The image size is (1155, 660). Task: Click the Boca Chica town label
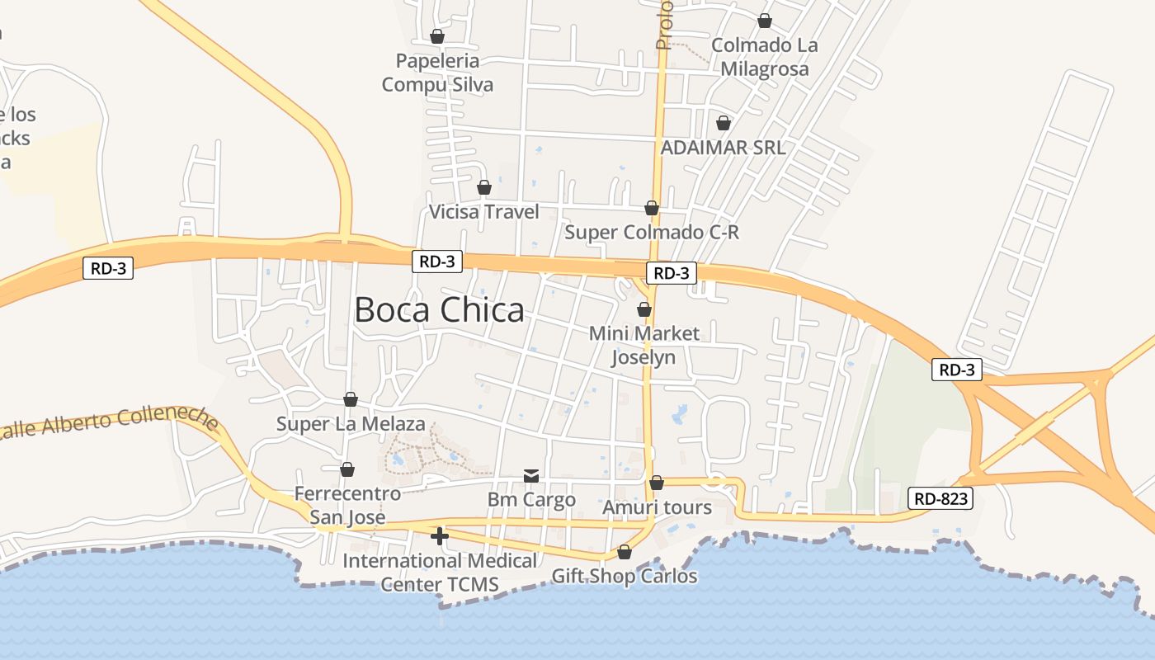pos(439,310)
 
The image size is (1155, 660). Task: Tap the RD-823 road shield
pos(940,498)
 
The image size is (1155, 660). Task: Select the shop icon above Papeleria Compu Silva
pos(437,36)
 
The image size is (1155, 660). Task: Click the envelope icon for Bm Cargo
pos(531,476)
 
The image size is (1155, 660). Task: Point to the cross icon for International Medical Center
pos(440,536)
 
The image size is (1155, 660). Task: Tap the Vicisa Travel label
pos(483,212)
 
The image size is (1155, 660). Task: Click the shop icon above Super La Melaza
pos(351,399)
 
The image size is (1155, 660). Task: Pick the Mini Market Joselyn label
pos(643,345)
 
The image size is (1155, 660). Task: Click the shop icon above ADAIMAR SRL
pos(724,123)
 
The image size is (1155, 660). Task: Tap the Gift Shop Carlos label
pos(625,576)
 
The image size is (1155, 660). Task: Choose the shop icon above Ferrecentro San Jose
pos(347,469)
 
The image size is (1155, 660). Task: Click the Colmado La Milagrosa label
pos(765,57)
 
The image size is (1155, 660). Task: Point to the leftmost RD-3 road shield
pos(108,267)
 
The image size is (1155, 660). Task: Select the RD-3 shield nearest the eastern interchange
pos(957,370)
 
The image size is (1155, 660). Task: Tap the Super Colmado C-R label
pos(652,233)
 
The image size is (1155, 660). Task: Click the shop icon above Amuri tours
pos(657,483)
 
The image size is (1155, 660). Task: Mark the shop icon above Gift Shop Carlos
pos(625,552)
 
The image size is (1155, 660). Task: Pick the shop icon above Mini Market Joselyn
pos(644,309)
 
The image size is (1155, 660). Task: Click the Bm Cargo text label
pos(531,500)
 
